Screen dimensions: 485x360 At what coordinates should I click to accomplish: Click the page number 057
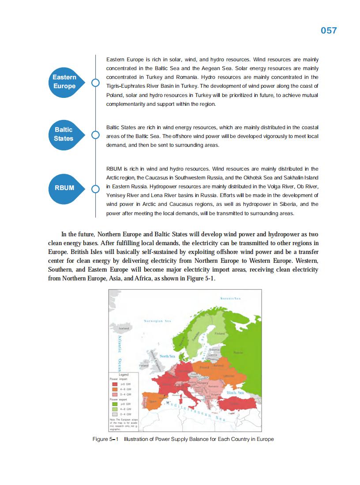pos(329,30)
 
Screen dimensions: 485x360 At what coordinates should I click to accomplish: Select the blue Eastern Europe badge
pos(64,82)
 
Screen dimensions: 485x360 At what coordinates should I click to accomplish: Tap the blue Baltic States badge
pos(64,134)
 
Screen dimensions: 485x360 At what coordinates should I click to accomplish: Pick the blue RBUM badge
pos(64,188)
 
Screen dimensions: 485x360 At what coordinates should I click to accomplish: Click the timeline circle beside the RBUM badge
pos(95,189)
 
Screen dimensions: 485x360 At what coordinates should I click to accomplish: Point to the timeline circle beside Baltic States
pos(95,135)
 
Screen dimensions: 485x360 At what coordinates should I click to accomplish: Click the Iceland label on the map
pos(124,328)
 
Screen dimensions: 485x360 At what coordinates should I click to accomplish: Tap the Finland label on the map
pos(220,334)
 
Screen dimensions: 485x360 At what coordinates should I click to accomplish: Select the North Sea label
pos(167,356)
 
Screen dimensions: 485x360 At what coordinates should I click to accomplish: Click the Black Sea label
pos(235,392)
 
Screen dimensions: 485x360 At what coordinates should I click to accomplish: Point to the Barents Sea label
pos(231,298)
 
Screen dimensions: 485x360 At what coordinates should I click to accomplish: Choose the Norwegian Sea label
pos(157,321)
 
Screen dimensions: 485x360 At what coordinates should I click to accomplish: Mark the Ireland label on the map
pos(144,366)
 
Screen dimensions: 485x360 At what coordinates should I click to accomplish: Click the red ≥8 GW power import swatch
pos(114,384)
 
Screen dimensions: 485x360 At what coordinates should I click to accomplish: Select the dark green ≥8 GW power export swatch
pos(114,403)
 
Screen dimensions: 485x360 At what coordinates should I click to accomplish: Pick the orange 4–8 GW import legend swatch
pos(114,389)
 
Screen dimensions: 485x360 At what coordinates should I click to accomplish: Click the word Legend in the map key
pos(124,374)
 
